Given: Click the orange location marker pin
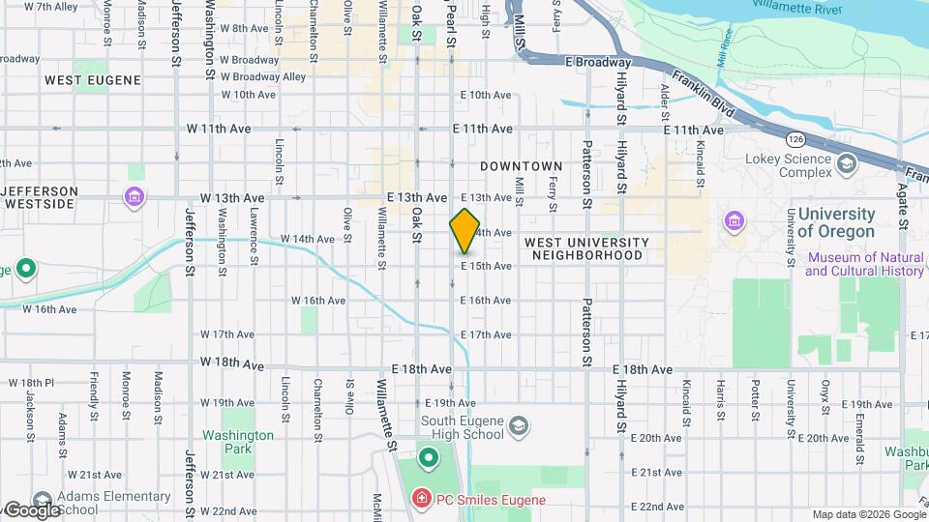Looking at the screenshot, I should coord(465,231).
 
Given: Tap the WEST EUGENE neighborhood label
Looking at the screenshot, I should coord(93,80).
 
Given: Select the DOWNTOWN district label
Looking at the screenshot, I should coord(521,167).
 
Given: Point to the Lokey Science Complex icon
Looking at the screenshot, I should coord(848,163).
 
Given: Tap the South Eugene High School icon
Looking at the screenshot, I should coord(519,425).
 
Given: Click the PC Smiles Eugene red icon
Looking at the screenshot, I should coord(422,499).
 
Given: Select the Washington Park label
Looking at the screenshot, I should coord(238,442).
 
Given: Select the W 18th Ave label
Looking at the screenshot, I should coord(232,364).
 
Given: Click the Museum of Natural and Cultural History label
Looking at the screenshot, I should coord(864,264).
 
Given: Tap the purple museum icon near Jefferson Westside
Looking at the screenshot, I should coord(135,198).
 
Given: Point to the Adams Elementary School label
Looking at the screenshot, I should coord(114,503).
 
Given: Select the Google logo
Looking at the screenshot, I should coord(31,509).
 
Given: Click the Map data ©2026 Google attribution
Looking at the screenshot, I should coord(867,514).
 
